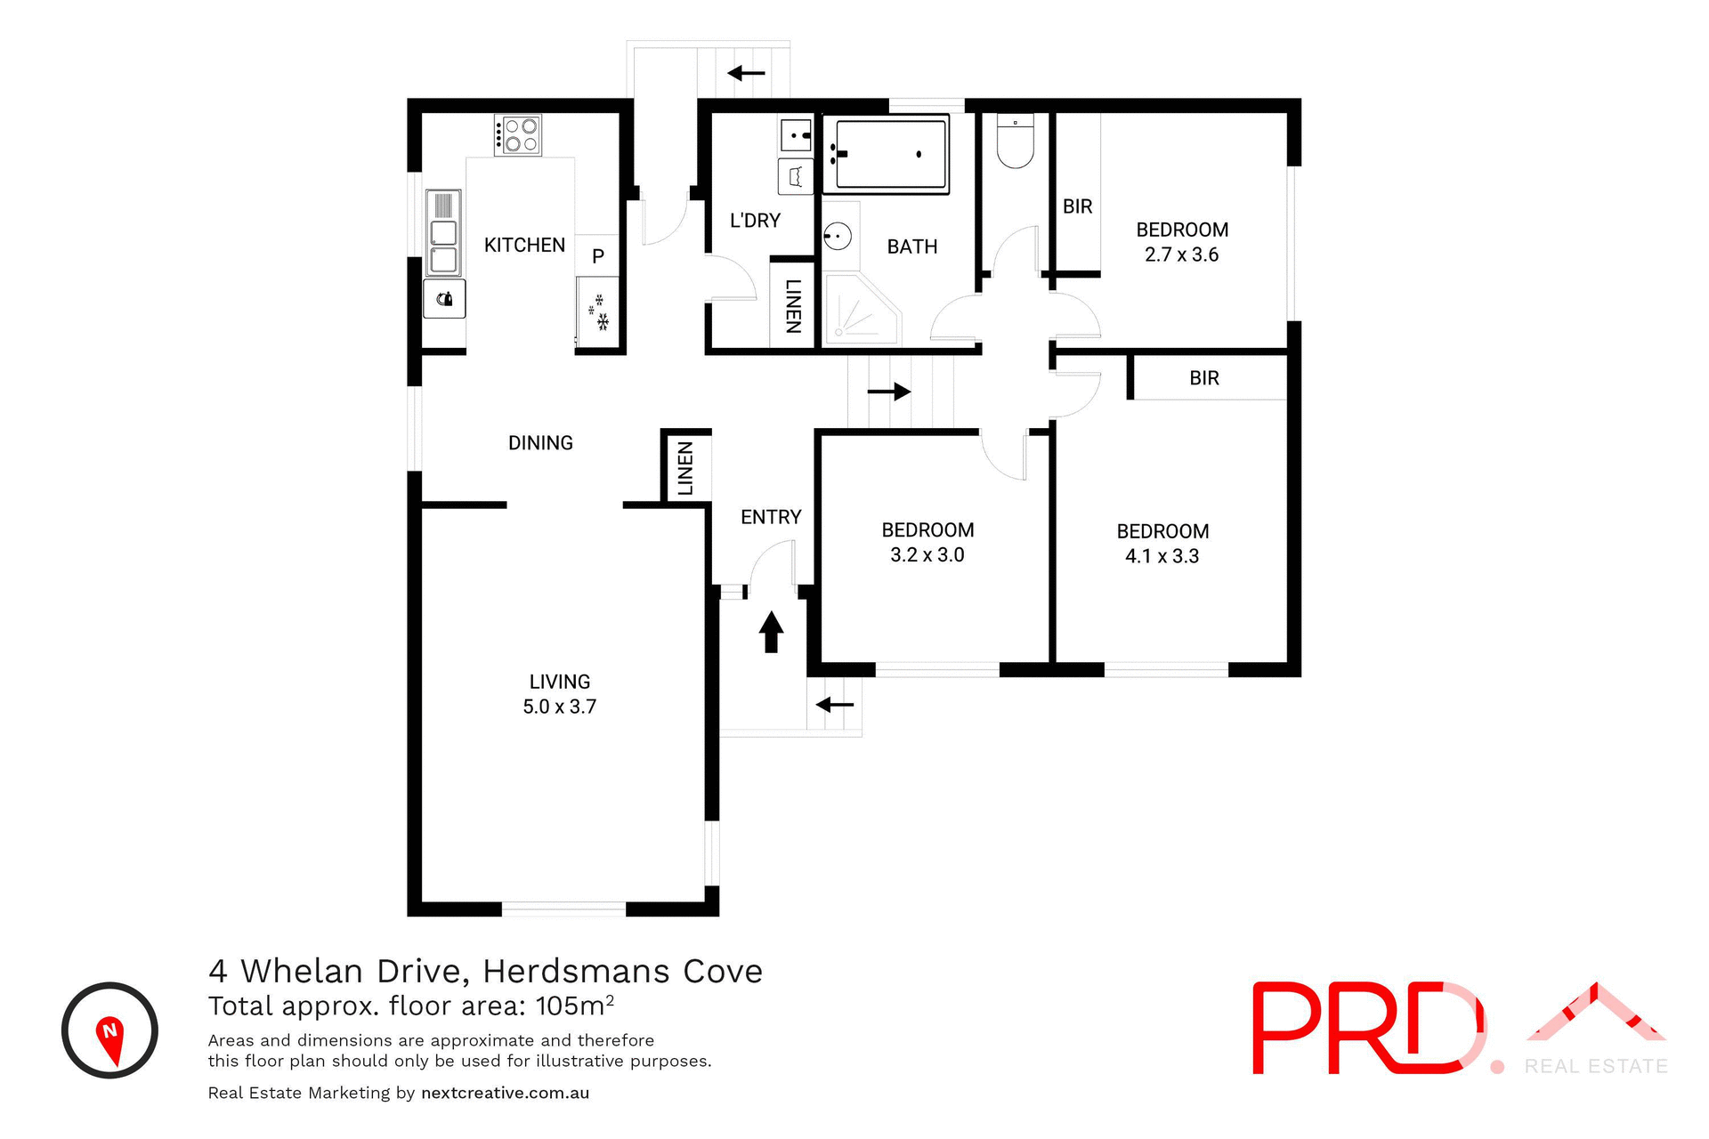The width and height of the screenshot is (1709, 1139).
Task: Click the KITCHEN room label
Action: click(x=524, y=245)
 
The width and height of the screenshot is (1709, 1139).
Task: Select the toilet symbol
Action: click(x=1015, y=142)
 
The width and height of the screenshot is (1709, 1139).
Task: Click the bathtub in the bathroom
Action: click(x=887, y=154)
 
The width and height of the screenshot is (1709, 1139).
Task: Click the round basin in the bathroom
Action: click(x=837, y=237)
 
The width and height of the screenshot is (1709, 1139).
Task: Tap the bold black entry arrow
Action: click(x=771, y=631)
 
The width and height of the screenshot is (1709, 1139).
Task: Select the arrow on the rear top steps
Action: click(x=746, y=73)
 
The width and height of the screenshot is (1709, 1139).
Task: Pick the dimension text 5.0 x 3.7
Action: click(x=559, y=707)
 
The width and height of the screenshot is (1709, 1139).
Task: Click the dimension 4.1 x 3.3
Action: click(x=1162, y=556)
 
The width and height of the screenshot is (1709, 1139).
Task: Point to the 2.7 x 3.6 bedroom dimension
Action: click(x=1181, y=254)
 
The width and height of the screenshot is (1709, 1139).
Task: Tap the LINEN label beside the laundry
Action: click(x=793, y=306)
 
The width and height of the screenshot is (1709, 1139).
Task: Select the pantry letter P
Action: click(x=598, y=256)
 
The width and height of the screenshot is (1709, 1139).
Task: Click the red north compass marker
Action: click(x=109, y=1038)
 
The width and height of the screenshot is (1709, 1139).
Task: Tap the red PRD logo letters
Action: click(x=1366, y=1028)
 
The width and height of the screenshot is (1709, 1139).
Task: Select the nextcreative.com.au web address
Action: click(x=505, y=1093)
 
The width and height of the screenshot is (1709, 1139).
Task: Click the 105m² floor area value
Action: click(x=574, y=1006)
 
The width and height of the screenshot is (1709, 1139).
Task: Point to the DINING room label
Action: click(x=540, y=443)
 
